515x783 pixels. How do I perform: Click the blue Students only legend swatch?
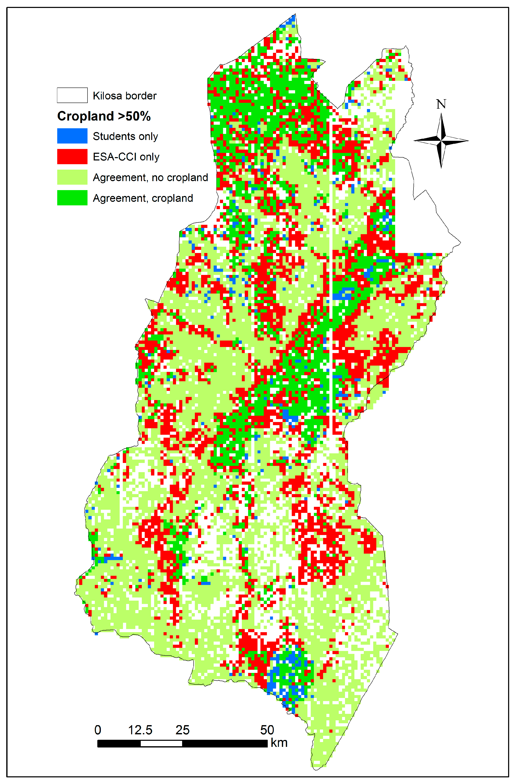tap(72, 136)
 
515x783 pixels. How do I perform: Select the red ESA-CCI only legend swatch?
tap(72, 157)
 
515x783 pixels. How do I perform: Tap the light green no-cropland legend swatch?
tap(72, 177)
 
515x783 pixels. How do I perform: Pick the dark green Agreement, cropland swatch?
tap(72, 198)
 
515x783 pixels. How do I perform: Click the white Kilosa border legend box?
tap(72, 95)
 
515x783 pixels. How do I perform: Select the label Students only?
tap(125, 136)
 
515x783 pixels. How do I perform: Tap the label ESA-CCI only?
tap(126, 157)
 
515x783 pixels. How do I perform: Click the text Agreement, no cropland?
tap(150, 178)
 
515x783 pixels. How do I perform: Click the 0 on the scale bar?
tap(98, 730)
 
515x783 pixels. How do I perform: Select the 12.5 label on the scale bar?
tap(140, 730)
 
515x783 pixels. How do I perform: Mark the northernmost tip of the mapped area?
tap(295, 14)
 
